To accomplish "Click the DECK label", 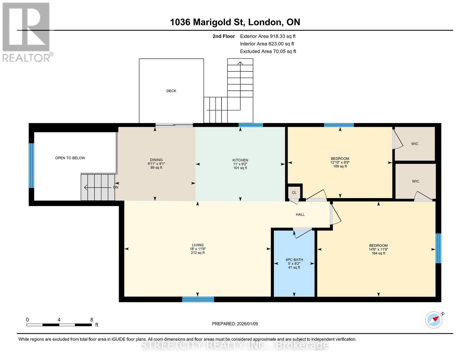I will (x=171, y=91).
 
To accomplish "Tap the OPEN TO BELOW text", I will (x=70, y=158).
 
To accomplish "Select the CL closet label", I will (x=294, y=193).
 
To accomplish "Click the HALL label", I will (x=300, y=214).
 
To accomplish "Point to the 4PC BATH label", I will (x=294, y=260).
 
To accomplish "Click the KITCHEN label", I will (x=240, y=160).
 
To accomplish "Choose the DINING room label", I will (x=156, y=160).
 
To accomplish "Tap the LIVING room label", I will (x=198, y=245).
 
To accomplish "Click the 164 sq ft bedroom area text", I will (x=378, y=253).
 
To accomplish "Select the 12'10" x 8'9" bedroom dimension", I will (x=340, y=162).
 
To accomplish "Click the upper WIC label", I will (x=415, y=144).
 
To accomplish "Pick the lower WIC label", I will (x=415, y=181).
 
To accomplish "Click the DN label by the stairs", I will (x=115, y=187).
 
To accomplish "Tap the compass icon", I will (x=434, y=319).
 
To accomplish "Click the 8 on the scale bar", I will (x=91, y=320).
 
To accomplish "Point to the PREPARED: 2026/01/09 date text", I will (x=235, y=324).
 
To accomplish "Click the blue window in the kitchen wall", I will (x=251, y=125).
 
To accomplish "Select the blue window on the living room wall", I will (x=198, y=299).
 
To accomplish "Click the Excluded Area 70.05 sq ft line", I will (x=268, y=51).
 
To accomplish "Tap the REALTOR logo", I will (x=27, y=32).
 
